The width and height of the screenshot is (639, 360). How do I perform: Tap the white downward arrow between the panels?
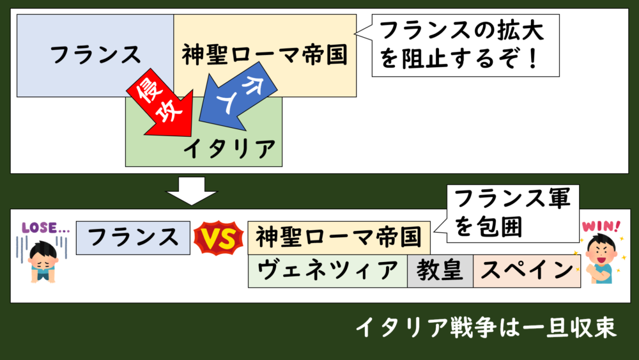point(191,190)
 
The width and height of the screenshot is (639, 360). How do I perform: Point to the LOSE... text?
point(45,227)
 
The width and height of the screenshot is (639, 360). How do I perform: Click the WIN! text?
point(600,226)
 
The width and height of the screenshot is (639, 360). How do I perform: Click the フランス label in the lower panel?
point(133,238)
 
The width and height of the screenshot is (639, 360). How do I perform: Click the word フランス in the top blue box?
point(96,55)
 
